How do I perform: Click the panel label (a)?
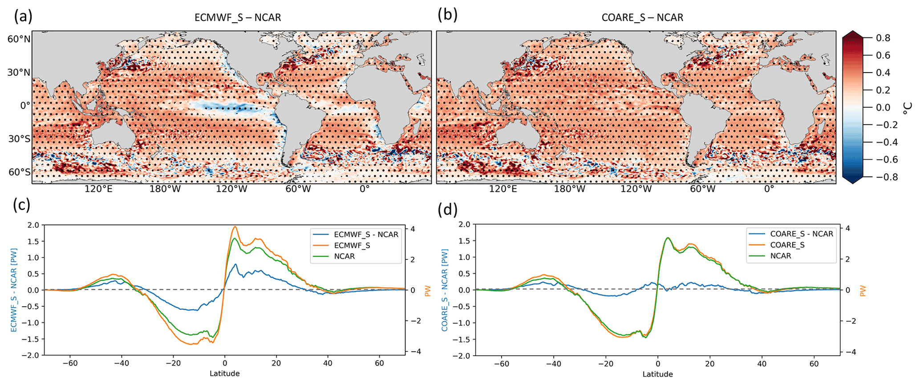(23, 16)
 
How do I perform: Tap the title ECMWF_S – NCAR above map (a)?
(238, 18)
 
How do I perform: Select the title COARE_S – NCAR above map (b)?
(642, 18)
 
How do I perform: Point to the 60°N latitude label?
(19, 39)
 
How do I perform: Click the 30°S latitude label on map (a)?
(19, 139)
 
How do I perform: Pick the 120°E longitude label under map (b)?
(503, 189)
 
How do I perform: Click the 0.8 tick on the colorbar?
(883, 38)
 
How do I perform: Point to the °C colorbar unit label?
(908, 108)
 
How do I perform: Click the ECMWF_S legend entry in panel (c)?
(352, 245)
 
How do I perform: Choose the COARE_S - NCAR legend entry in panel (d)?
(802, 234)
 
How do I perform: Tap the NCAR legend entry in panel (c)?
(344, 256)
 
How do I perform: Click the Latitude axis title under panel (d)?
(657, 374)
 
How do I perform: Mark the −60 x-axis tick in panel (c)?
(70, 363)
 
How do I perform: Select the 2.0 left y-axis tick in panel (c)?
(33, 225)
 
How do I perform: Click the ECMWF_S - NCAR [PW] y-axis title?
(13, 290)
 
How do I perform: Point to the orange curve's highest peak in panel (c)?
(235, 227)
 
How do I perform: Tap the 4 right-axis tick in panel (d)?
(848, 228)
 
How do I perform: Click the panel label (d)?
(447, 209)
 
